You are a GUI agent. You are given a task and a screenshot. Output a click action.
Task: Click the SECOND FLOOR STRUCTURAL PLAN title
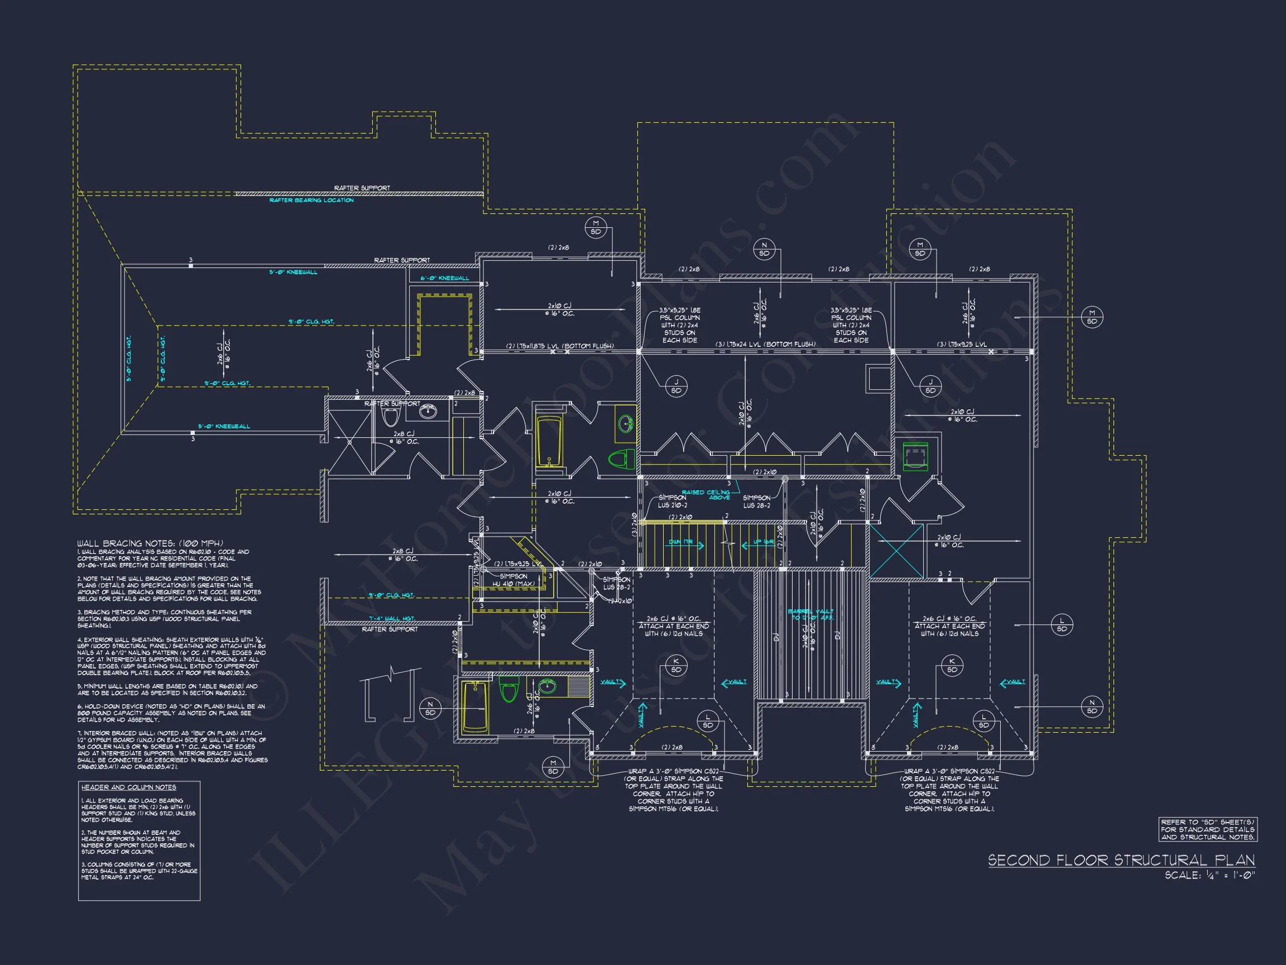point(1121,861)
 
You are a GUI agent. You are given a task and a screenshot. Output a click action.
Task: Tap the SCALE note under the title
point(1210,876)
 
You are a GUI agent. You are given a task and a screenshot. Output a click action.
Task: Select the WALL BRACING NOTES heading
point(150,543)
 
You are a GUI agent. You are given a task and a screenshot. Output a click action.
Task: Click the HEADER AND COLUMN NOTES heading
point(128,787)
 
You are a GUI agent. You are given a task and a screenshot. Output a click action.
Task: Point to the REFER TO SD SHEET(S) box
point(1207,829)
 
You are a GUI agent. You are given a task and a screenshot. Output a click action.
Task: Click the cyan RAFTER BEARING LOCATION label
point(311,200)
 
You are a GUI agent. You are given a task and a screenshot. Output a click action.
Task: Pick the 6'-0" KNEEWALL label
point(445,278)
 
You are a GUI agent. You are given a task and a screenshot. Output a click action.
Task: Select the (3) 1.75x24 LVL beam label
point(765,345)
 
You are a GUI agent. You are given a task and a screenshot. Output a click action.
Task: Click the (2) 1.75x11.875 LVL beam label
point(560,346)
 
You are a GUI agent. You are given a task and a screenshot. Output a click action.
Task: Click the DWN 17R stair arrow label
point(681,542)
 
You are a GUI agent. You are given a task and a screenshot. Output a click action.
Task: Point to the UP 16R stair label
point(764,542)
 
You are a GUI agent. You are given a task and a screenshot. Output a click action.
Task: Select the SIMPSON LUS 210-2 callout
point(672,501)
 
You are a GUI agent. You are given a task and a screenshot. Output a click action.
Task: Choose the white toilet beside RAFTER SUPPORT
point(390,415)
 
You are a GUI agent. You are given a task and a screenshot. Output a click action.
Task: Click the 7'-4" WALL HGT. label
point(391,618)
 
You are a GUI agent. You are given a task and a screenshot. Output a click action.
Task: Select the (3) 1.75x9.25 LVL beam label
point(962,345)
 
